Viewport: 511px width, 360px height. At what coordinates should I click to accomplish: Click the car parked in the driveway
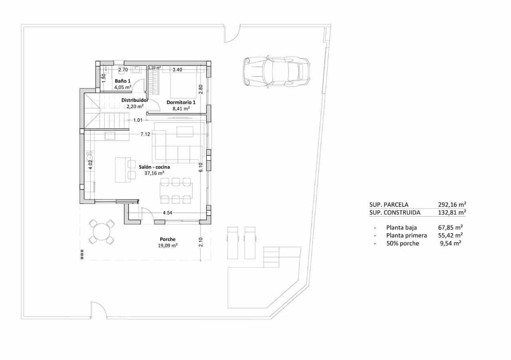[276, 71]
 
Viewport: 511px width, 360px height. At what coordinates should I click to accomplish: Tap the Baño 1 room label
[123, 81]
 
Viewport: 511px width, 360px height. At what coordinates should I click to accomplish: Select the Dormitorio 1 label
[181, 102]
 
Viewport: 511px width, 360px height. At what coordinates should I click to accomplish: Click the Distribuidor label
[135, 101]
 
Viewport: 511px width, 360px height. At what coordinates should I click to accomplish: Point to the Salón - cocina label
[154, 167]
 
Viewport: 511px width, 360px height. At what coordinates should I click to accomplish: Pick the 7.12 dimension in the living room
[145, 135]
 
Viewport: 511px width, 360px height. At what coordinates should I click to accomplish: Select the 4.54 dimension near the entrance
[167, 213]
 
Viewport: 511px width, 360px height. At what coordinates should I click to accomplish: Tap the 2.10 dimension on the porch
[201, 242]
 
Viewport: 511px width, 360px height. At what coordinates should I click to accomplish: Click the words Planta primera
[406, 235]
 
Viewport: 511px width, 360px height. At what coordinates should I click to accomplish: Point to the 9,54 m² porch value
[450, 243]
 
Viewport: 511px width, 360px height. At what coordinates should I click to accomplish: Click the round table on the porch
[101, 232]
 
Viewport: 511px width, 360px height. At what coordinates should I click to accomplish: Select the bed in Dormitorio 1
[184, 82]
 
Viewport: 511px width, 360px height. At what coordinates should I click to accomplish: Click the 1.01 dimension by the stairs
[138, 120]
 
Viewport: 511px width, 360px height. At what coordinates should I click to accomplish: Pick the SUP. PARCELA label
[389, 205]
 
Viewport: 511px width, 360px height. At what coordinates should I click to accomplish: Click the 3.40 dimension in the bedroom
[177, 69]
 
